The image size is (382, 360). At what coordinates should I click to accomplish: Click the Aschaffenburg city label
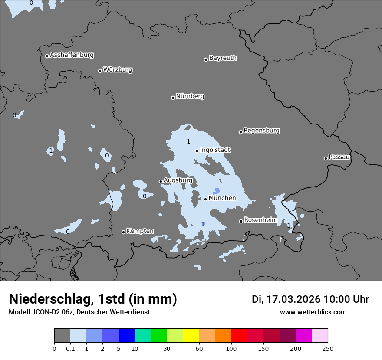click(72, 55)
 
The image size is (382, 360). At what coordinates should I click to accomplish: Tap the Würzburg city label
click(118, 70)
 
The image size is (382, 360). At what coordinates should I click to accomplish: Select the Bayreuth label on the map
click(223, 58)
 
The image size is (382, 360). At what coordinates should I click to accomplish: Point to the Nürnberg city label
click(190, 96)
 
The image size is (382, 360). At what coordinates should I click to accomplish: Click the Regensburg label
click(261, 131)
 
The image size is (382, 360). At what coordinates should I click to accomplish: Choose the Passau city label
click(339, 157)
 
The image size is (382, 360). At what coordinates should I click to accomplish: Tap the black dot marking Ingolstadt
click(197, 151)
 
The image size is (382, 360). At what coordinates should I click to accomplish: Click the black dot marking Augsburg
click(161, 181)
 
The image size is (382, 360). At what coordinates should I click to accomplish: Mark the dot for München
click(205, 199)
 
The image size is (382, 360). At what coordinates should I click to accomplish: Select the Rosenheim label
click(260, 220)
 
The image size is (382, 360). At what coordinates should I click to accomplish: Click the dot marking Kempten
click(123, 232)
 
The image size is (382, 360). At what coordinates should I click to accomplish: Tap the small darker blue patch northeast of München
click(216, 191)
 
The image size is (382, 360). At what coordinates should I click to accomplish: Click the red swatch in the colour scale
click(239, 336)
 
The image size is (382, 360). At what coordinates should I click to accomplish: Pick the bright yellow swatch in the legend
click(191, 336)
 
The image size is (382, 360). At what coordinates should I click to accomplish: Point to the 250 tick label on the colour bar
click(328, 348)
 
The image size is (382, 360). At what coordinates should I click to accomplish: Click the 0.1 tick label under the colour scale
click(70, 348)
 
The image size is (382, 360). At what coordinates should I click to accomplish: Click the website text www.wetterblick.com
click(313, 312)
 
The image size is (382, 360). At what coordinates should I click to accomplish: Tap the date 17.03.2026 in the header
click(294, 299)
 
